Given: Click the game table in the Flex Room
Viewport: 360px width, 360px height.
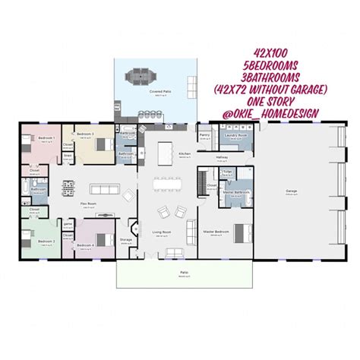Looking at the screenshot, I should pyautogui.click(x=68, y=185).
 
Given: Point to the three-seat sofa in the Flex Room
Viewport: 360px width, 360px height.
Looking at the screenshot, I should pyautogui.click(x=100, y=188).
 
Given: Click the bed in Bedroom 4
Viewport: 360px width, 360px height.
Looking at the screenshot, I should pyautogui.click(x=102, y=238).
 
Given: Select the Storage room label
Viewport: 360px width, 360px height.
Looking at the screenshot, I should pyautogui.click(x=126, y=239).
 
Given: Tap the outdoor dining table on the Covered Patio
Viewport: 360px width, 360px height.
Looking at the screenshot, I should pyautogui.click(x=140, y=75).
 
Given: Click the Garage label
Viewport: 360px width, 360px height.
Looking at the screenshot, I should pyautogui.click(x=291, y=191).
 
